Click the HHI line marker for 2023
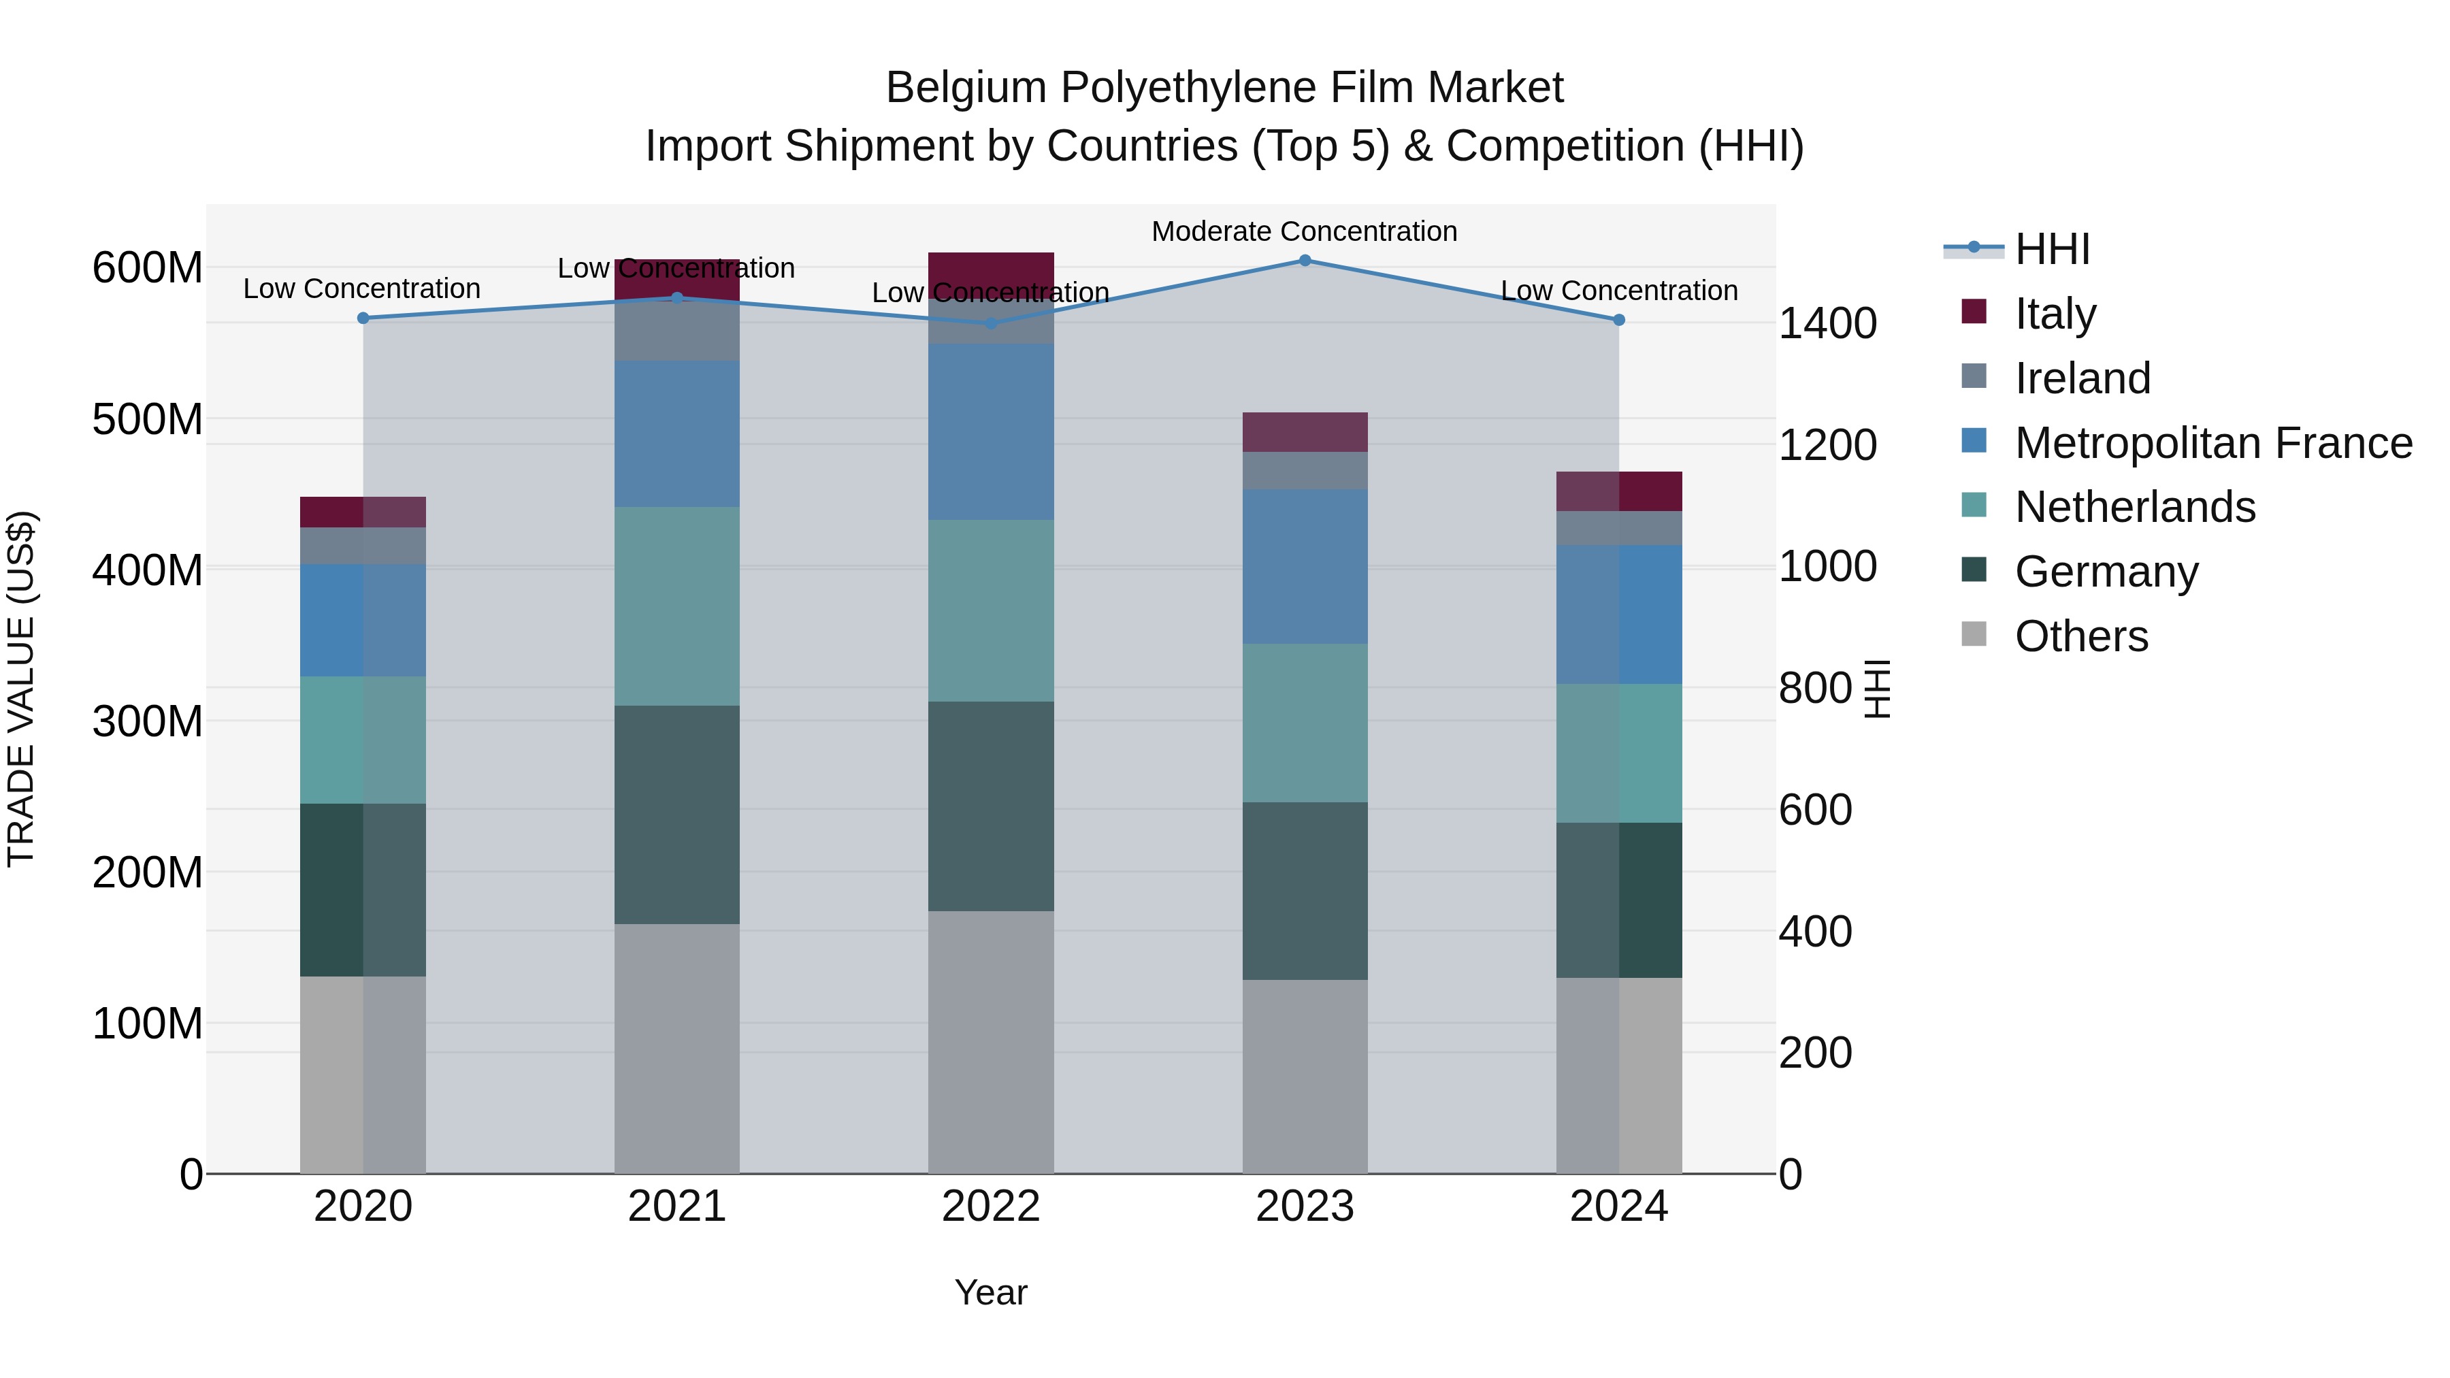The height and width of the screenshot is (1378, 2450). [x=1305, y=261]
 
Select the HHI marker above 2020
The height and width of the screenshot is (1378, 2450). [x=363, y=318]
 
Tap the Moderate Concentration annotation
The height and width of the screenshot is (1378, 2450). [x=1304, y=231]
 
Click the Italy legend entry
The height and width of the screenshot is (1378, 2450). [x=2055, y=314]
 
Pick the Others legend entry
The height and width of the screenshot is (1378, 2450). [x=2081, y=636]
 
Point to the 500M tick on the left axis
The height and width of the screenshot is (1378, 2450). [x=148, y=419]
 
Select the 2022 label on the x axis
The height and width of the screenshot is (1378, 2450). [x=991, y=1207]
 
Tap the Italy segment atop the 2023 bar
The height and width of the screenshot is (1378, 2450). [x=1305, y=433]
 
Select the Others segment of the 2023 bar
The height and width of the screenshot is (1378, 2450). [x=1305, y=1077]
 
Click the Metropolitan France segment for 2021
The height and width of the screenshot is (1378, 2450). [x=677, y=433]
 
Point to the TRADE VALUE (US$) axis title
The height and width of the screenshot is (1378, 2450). [x=21, y=689]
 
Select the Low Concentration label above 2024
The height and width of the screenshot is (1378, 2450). [x=1619, y=291]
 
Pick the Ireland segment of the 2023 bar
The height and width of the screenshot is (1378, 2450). [x=1305, y=471]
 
